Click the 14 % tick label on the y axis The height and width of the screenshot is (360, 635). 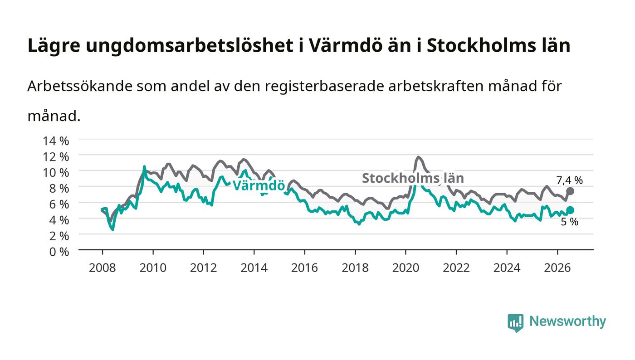tap(55, 141)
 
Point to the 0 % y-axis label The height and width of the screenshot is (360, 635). tap(59, 252)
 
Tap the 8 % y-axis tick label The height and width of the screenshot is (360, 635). tap(59, 189)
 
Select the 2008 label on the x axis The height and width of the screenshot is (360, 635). tap(103, 268)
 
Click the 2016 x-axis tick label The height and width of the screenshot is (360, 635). tap(304, 268)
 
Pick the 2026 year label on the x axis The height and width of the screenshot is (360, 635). tap(557, 268)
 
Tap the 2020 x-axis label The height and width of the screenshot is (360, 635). tap(405, 268)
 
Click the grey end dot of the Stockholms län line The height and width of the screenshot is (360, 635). tap(570, 191)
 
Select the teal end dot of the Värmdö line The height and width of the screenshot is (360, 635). tap(570, 210)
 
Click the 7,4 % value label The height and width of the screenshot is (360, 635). tap(569, 180)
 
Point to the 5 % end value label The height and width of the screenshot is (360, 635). tap(569, 222)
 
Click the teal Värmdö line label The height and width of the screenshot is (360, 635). tap(259, 186)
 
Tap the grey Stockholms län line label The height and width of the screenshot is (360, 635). tap(413, 178)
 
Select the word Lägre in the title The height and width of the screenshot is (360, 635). tap(54, 46)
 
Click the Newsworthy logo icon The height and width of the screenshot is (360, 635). tap(515, 323)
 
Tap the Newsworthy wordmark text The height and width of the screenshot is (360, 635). tap(567, 321)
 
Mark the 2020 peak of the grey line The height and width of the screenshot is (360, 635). tap(418, 157)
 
